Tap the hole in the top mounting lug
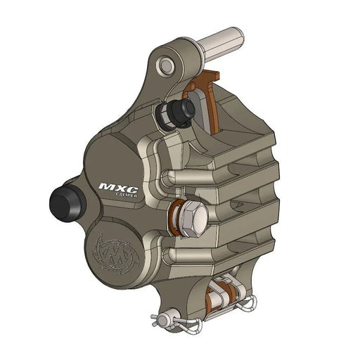166,65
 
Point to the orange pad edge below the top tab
212,112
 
